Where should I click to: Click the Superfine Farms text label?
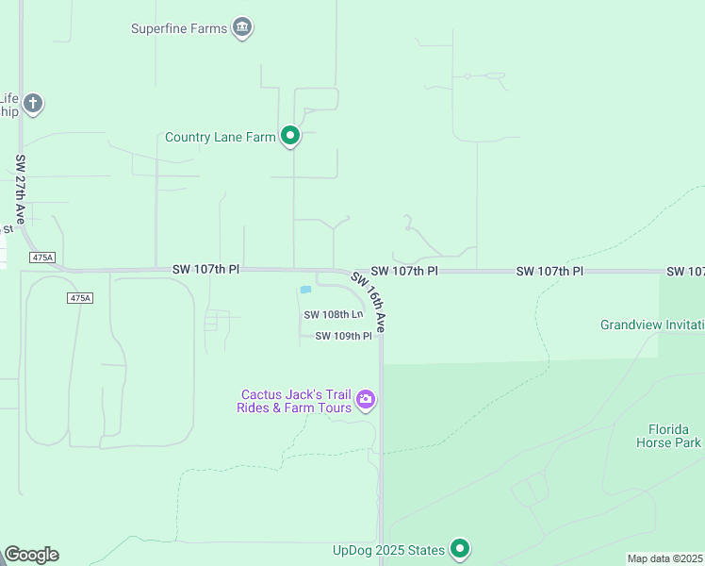178,28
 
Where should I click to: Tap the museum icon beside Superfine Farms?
243,28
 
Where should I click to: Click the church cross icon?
33,103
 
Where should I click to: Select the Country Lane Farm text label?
220,137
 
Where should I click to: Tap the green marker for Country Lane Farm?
290,137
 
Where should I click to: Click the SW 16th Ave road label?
369,301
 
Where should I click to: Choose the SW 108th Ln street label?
333,314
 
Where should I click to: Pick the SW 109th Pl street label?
343,336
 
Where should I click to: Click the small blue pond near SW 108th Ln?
304,290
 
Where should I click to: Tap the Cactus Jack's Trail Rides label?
295,401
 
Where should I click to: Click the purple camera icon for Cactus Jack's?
366,401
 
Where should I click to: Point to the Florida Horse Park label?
667,436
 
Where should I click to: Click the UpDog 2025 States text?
387,549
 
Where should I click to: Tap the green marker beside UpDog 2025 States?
459,548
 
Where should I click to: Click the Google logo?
31,555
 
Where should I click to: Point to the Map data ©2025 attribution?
665,558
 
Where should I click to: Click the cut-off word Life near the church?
8,97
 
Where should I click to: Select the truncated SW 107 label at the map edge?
685,271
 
